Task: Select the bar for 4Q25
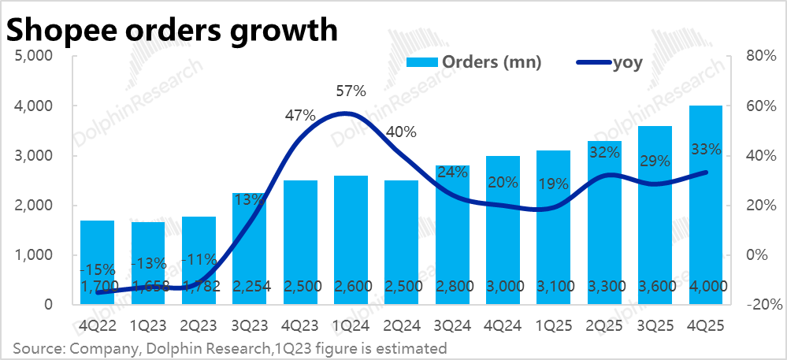(705, 205)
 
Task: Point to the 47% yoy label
(300, 117)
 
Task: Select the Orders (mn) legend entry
(473, 63)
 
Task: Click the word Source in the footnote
(34, 347)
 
